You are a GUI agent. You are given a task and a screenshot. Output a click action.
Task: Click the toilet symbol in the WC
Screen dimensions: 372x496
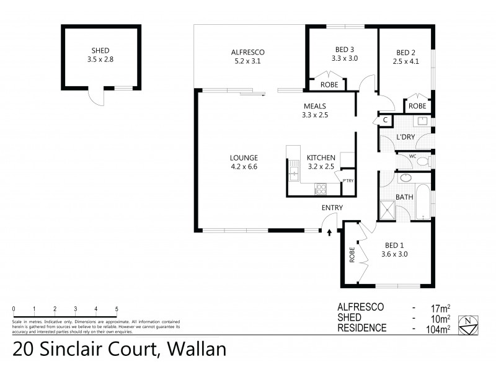[423, 161]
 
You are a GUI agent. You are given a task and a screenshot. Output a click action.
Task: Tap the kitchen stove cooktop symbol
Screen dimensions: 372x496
[321, 189]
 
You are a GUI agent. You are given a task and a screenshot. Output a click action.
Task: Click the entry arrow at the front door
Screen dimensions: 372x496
[329, 232]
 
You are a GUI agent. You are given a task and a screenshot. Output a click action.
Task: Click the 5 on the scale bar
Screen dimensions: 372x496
[117, 308]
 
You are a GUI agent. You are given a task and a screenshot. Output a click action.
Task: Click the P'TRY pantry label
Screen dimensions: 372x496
[348, 180]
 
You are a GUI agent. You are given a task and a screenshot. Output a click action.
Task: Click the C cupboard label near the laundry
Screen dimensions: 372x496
[385, 120]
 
